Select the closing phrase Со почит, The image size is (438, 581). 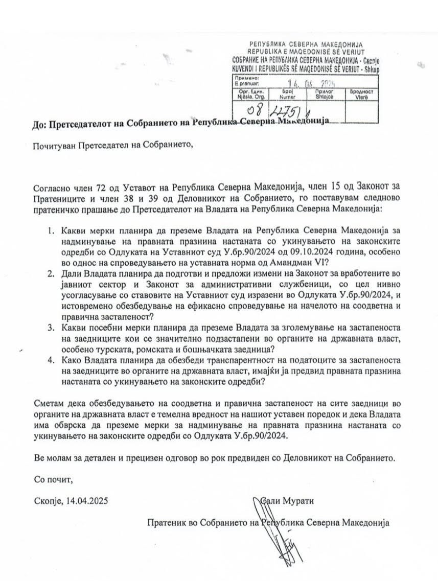(51, 480)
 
